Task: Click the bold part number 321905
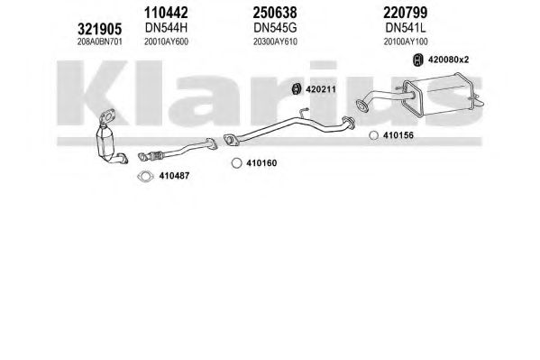99,29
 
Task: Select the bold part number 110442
166,13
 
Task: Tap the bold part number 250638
275,13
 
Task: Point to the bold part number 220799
406,13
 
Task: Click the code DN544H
167,28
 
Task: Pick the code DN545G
275,28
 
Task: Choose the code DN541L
406,28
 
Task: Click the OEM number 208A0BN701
100,42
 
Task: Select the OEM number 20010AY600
166,42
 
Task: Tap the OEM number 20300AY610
275,42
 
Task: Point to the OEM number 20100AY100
406,42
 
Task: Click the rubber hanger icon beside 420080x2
417,60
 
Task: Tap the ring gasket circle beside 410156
373,135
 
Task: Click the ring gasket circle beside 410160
236,163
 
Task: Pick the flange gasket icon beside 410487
145,176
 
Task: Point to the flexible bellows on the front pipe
155,155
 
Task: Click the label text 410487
174,176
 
